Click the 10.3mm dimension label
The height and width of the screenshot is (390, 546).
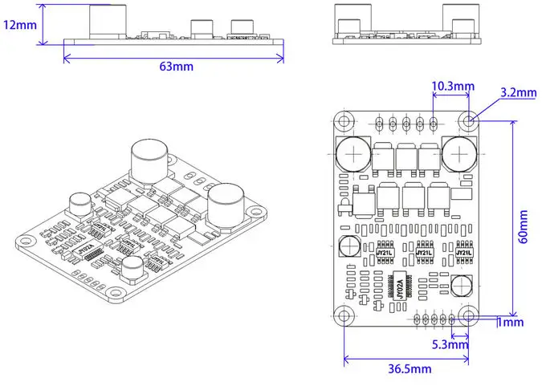(453, 86)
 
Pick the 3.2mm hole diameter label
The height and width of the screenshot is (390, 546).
(517, 92)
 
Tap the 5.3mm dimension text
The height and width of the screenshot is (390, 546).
(449, 345)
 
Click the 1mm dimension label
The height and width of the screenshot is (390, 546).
(511, 323)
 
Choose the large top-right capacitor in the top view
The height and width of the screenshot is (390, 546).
(459, 152)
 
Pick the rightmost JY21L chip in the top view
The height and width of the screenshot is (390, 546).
(464, 252)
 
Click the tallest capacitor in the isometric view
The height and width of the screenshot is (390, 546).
(149, 160)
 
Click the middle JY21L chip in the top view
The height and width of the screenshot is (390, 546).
(423, 252)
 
